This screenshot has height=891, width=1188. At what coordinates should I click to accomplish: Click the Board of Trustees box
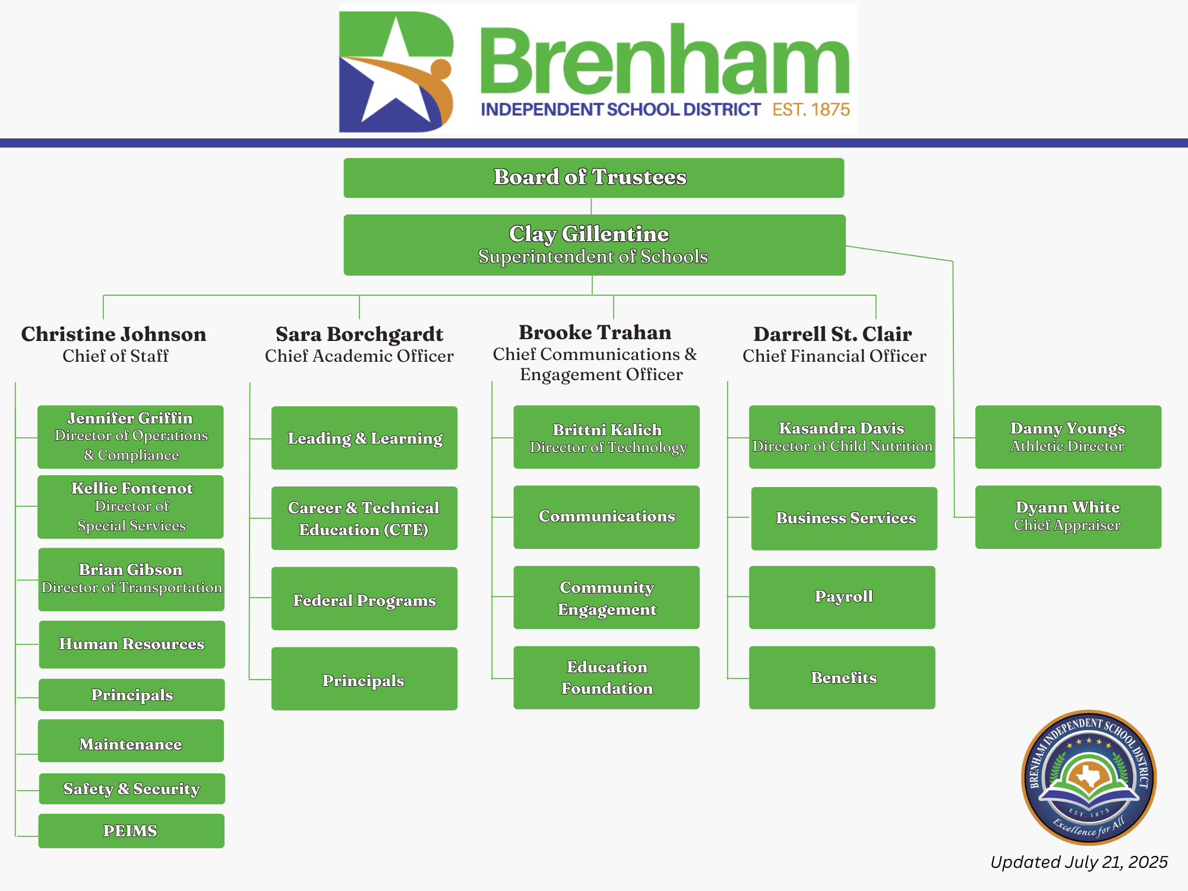(593, 178)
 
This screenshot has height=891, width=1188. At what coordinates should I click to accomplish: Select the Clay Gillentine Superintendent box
(594, 245)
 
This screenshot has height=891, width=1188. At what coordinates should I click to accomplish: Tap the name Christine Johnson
(113, 334)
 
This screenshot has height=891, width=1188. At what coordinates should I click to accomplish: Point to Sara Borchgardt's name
(359, 334)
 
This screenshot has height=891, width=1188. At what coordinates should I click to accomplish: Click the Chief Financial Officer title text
(834, 356)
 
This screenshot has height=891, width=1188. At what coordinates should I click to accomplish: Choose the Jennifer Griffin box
(131, 437)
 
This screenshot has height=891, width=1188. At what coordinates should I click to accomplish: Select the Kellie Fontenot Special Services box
(131, 507)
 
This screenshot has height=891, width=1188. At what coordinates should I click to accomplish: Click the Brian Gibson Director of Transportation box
(131, 579)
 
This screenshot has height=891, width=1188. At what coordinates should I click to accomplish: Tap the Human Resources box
(132, 644)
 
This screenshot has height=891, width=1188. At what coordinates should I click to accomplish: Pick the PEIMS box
(131, 831)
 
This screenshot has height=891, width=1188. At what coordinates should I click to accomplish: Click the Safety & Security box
(132, 789)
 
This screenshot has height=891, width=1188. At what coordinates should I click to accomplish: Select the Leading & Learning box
(364, 438)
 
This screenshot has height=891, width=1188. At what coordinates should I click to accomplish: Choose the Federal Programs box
(364, 599)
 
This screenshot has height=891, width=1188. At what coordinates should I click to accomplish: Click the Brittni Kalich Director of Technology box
(606, 437)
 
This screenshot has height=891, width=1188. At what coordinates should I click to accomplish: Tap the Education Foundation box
(606, 678)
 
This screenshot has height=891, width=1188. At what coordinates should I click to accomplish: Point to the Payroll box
(842, 598)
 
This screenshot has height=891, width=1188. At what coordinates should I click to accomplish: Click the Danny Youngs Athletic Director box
(1068, 437)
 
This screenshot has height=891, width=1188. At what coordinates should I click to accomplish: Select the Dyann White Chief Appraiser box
(1068, 517)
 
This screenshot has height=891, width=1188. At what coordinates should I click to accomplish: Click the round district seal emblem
(1089, 778)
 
